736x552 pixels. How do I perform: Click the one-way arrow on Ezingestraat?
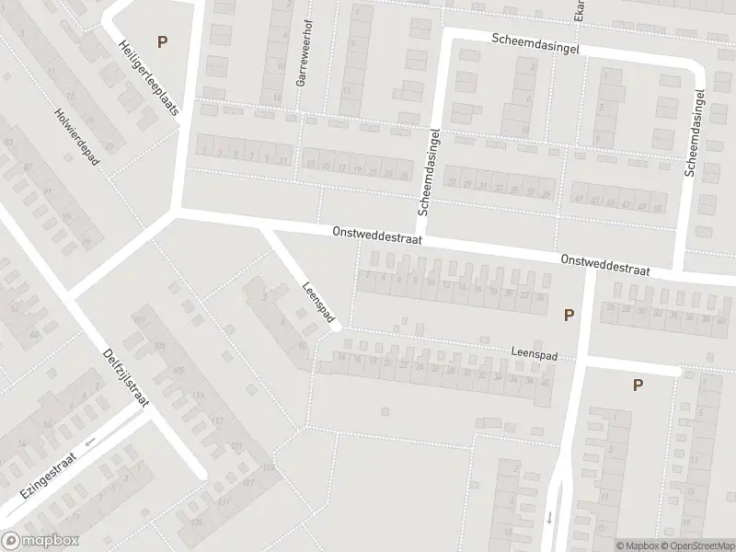(x=90, y=443)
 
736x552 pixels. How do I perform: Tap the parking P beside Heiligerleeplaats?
(x=163, y=41)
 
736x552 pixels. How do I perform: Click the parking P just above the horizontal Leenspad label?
(x=569, y=315)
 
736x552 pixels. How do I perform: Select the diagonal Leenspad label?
(x=316, y=300)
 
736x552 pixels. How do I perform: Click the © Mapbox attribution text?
(x=636, y=545)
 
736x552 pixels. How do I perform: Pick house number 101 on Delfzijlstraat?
(x=140, y=319)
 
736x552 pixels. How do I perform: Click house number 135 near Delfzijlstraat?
(x=197, y=522)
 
